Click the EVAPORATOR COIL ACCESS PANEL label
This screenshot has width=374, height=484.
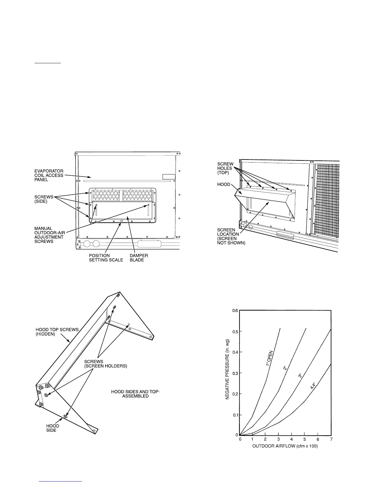pyautogui.click(x=49, y=175)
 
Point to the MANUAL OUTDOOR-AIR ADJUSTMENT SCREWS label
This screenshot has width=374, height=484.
pyautogui.click(x=49, y=235)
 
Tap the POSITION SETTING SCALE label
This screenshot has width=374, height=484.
pyautogui.click(x=106, y=258)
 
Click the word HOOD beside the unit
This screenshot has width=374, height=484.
pyautogui.click(x=224, y=184)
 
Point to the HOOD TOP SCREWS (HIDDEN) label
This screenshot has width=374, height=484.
pyautogui.click(x=57, y=332)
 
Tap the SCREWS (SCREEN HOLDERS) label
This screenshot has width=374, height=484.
pyautogui.click(x=105, y=364)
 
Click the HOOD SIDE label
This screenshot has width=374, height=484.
pyautogui.click(x=53, y=428)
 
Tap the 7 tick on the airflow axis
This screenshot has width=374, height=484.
pyautogui.click(x=331, y=439)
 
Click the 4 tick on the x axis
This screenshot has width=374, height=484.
pyautogui.click(x=292, y=439)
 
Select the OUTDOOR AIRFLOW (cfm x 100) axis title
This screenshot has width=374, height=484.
pyautogui.click(x=285, y=446)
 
